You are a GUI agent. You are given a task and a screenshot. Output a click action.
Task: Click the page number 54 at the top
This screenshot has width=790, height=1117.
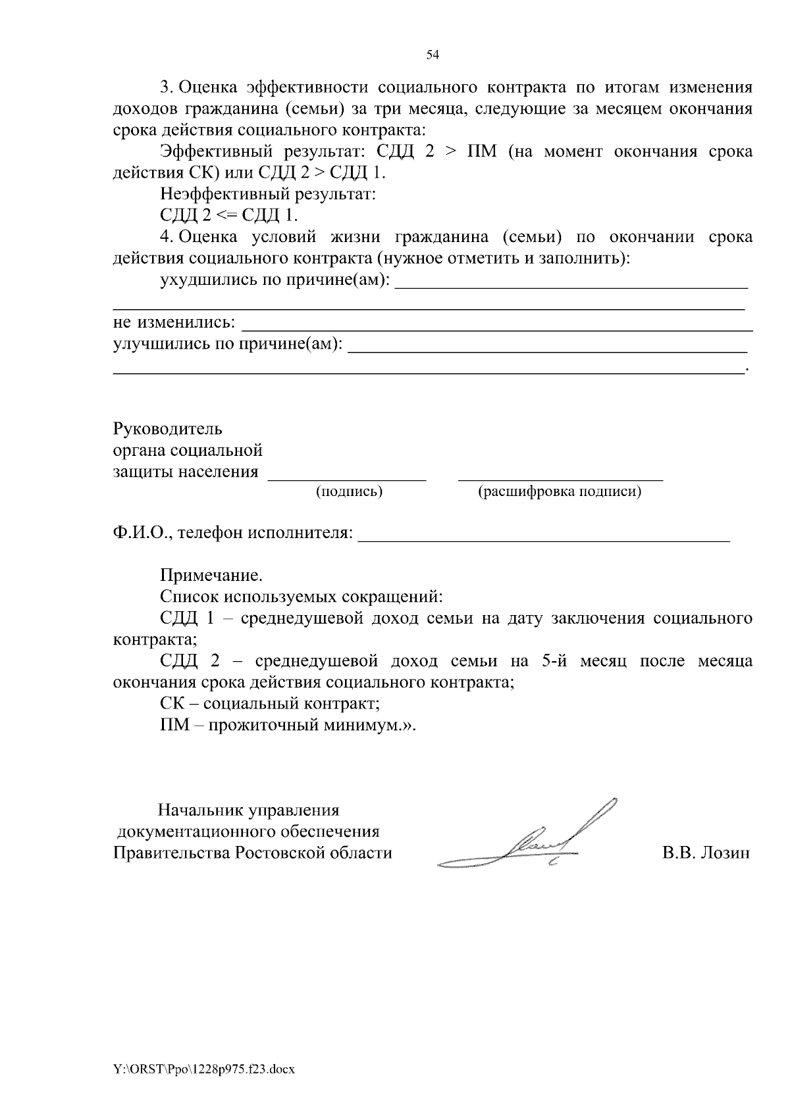[x=433, y=55]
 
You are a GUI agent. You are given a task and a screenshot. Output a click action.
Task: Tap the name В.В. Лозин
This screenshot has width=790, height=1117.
[x=705, y=853]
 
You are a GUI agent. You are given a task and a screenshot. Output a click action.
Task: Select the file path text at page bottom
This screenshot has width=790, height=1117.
[x=203, y=1069]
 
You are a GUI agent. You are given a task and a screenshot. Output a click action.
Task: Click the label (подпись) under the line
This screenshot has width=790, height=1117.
[x=349, y=491]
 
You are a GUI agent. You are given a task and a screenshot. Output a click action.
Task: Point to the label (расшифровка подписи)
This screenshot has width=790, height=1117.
[x=560, y=491]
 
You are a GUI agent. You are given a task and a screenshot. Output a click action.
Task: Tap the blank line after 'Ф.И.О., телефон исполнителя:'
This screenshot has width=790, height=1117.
[x=543, y=536]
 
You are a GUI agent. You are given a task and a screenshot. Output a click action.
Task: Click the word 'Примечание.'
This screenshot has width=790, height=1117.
[x=211, y=576]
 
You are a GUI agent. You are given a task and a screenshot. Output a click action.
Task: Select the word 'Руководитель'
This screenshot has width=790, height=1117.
[x=168, y=430]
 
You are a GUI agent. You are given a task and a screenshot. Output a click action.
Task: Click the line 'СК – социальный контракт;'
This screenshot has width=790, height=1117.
[x=270, y=703]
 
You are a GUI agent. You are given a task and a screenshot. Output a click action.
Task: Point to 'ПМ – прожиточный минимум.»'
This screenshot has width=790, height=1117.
[x=288, y=725]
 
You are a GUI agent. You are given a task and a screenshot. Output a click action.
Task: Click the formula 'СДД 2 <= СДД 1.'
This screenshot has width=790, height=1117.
[x=228, y=215]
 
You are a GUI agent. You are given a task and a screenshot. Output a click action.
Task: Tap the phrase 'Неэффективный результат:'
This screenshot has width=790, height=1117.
[x=267, y=194]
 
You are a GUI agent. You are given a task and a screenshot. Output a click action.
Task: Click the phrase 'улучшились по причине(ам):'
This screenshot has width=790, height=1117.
[x=228, y=343]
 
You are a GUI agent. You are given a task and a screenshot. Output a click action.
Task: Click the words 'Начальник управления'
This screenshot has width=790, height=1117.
[x=248, y=810]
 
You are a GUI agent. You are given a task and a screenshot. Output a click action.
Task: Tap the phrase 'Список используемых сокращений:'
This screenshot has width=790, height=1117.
[x=302, y=597]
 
